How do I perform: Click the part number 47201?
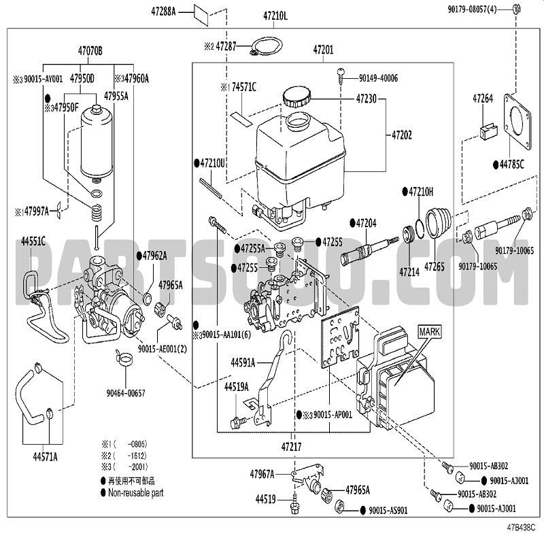point(323,50)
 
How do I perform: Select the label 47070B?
point(90,50)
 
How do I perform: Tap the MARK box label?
point(429,332)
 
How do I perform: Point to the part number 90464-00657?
point(125,393)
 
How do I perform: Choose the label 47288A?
point(163,12)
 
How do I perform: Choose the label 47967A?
point(262,473)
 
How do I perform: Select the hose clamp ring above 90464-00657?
point(126,357)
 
